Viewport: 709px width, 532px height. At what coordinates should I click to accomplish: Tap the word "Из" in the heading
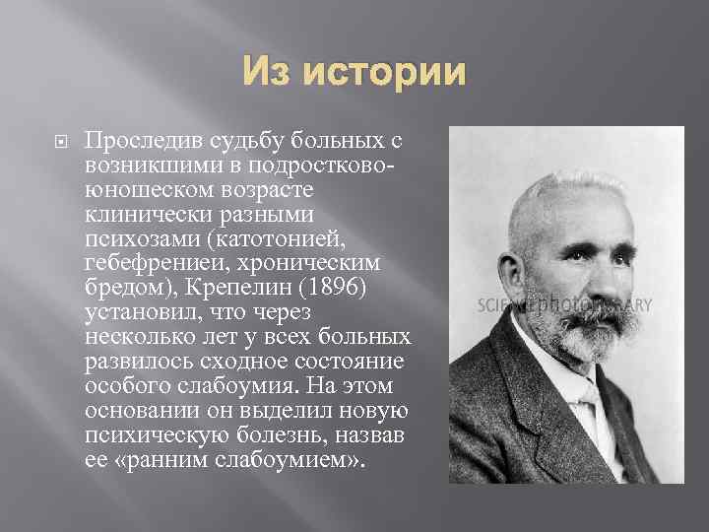(x=268, y=74)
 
